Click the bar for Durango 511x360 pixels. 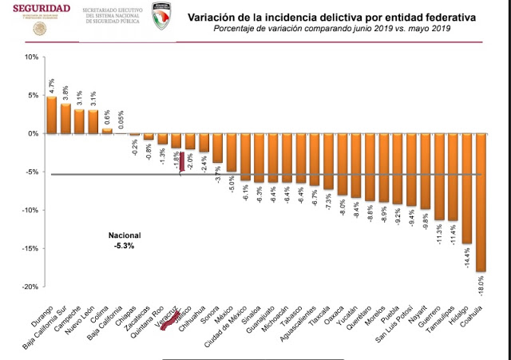pos(52,115)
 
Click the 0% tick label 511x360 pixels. pos(33,133)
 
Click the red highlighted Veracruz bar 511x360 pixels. pos(181,161)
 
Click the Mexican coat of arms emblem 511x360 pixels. pos(37,29)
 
